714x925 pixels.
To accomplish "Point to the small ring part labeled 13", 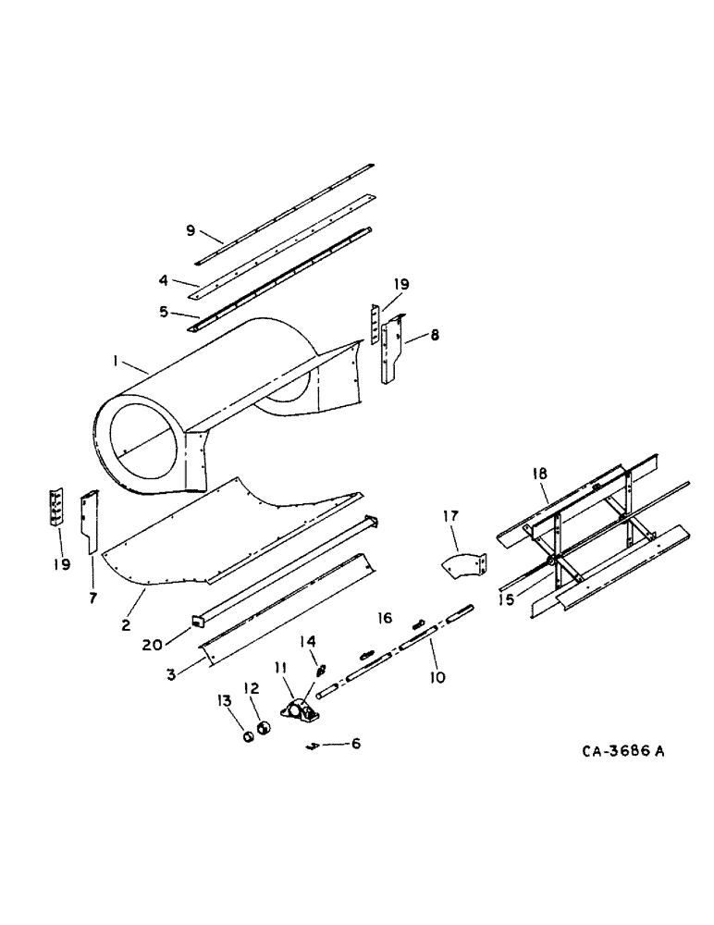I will click(x=247, y=737).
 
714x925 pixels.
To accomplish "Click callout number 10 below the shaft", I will click(x=437, y=677).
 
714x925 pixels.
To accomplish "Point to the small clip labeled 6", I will click(x=314, y=746).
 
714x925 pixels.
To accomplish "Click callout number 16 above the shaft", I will click(x=383, y=616).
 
